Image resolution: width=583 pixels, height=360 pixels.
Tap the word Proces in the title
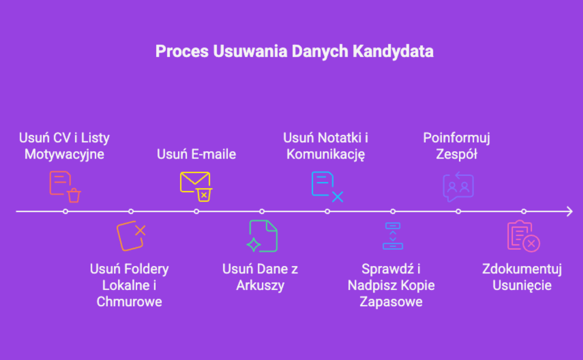pyautogui.click(x=182, y=51)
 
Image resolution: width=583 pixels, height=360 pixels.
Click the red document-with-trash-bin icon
pyautogui.click(x=65, y=187)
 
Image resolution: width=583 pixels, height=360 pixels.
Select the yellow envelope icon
pyautogui.click(x=196, y=187)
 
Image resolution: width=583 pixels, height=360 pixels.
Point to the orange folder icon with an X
pyautogui.click(x=131, y=236)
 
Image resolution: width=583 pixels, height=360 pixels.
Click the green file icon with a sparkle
pyautogui.click(x=262, y=236)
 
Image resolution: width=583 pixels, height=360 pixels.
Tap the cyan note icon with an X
pyautogui.click(x=327, y=187)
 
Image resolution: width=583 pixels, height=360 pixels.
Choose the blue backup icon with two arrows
pyautogui.click(x=393, y=236)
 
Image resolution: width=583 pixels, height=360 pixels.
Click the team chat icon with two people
pyautogui.click(x=458, y=187)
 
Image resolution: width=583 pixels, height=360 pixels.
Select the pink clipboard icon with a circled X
pyautogui.click(x=524, y=236)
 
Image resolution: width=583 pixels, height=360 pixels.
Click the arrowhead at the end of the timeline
pyautogui.click(x=570, y=211)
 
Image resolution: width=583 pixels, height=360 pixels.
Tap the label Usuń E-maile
pyautogui.click(x=196, y=154)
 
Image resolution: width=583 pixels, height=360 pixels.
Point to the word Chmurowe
pyautogui.click(x=129, y=301)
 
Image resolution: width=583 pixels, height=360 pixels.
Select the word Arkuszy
pyautogui.click(x=260, y=286)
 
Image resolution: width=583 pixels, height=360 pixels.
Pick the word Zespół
pyautogui.click(x=457, y=154)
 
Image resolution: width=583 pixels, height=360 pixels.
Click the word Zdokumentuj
pyautogui.click(x=522, y=269)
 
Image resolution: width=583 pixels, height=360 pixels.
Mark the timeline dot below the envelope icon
pyautogui.click(x=197, y=211)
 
